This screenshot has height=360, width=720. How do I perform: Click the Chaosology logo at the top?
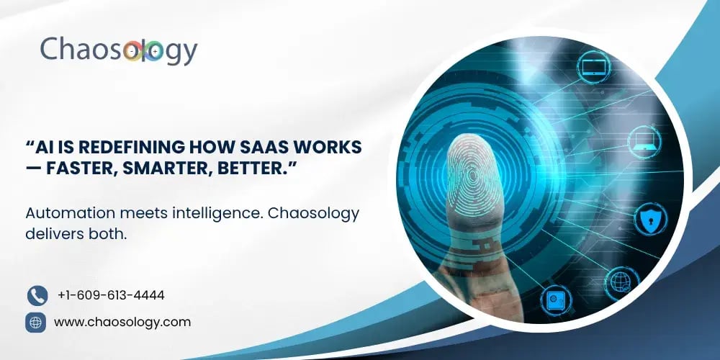(x=119, y=51)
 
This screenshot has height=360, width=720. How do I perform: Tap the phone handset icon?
(x=37, y=296)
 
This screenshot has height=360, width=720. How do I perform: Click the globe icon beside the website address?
(x=35, y=323)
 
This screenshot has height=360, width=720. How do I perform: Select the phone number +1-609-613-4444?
(x=111, y=295)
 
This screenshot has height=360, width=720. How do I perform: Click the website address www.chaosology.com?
(x=122, y=322)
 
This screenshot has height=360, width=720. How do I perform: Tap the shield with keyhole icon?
(x=650, y=220)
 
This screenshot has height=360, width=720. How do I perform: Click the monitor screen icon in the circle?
(x=593, y=67)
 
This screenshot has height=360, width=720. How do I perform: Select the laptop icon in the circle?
(x=644, y=141)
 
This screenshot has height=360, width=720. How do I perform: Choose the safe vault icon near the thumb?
(x=556, y=300)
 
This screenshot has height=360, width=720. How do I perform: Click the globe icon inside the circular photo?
(x=622, y=281)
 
